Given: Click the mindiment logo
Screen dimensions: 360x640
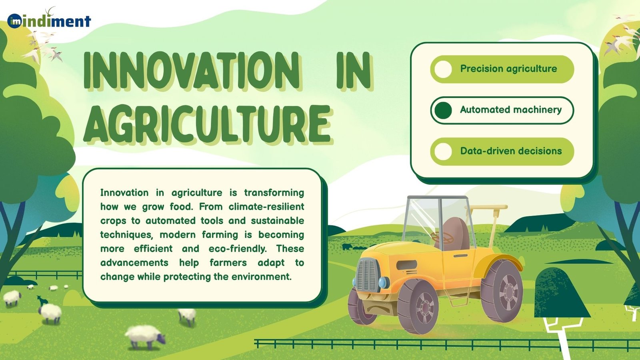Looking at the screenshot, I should pyautogui.click(x=49, y=21).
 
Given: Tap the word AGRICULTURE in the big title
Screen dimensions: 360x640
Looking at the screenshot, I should pyautogui.click(x=207, y=124).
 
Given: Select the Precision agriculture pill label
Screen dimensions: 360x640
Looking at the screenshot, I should pyautogui.click(x=508, y=69).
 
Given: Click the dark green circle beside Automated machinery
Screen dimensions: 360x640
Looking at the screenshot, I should pyautogui.click(x=443, y=110).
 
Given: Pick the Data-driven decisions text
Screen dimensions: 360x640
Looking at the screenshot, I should pyautogui.click(x=511, y=151).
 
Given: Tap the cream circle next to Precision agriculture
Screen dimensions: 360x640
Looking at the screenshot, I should pyautogui.click(x=443, y=69).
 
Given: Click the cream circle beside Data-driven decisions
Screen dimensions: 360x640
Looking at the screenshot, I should pyautogui.click(x=443, y=152).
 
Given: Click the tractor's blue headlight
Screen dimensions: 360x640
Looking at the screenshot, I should pyautogui.click(x=383, y=282).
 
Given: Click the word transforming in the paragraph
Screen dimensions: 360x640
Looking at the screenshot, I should pyautogui.click(x=274, y=193).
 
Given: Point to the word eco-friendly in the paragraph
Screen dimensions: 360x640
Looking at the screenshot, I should pyautogui.click(x=238, y=249).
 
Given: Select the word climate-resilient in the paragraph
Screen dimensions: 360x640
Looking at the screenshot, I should pyautogui.click(x=266, y=207).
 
